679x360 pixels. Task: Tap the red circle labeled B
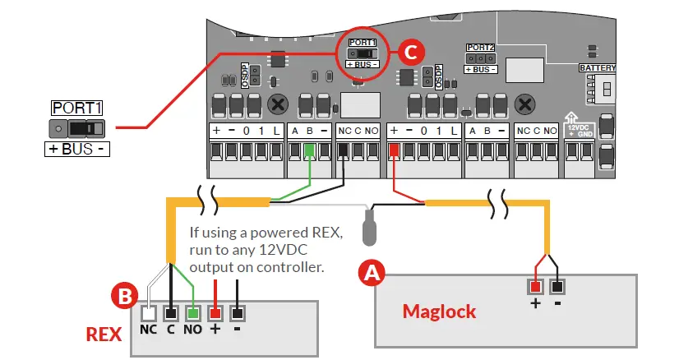tap(125, 296)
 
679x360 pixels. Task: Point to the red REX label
tap(104, 335)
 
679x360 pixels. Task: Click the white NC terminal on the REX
tap(148, 314)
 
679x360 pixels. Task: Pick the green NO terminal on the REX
tap(193, 314)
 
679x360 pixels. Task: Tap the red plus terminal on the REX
tap(215, 314)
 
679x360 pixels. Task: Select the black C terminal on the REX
tap(171, 314)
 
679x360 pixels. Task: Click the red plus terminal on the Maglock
tap(535, 286)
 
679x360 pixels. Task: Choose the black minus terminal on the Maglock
tap(557, 286)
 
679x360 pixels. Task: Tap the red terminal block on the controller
tap(395, 151)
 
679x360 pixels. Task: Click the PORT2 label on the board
tap(480, 48)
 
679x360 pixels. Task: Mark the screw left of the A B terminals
tap(279, 104)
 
